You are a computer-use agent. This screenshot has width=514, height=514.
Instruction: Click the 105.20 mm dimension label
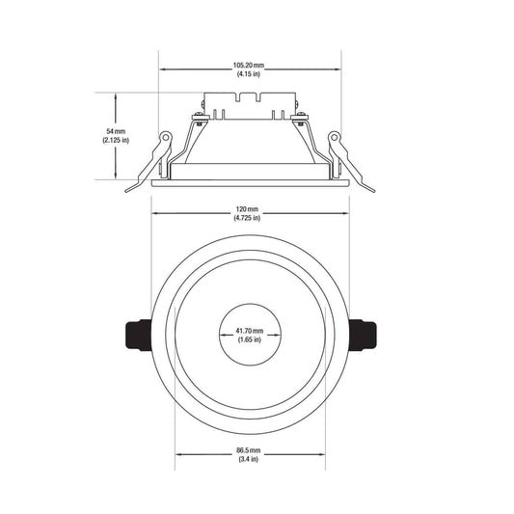click(249, 66)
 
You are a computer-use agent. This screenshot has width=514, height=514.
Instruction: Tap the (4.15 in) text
click(249, 74)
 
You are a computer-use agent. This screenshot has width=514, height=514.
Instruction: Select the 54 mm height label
click(116, 131)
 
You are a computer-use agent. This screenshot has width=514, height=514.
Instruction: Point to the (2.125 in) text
click(116, 140)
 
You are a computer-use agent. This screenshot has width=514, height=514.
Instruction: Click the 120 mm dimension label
click(247, 209)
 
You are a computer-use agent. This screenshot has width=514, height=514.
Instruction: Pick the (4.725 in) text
click(247, 218)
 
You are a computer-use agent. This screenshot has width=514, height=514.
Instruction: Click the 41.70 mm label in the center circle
click(250, 331)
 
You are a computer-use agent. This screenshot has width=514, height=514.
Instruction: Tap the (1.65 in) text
click(250, 339)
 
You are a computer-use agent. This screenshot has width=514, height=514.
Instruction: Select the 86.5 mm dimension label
click(249, 450)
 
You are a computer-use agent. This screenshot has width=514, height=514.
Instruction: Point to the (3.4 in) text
click(249, 459)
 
